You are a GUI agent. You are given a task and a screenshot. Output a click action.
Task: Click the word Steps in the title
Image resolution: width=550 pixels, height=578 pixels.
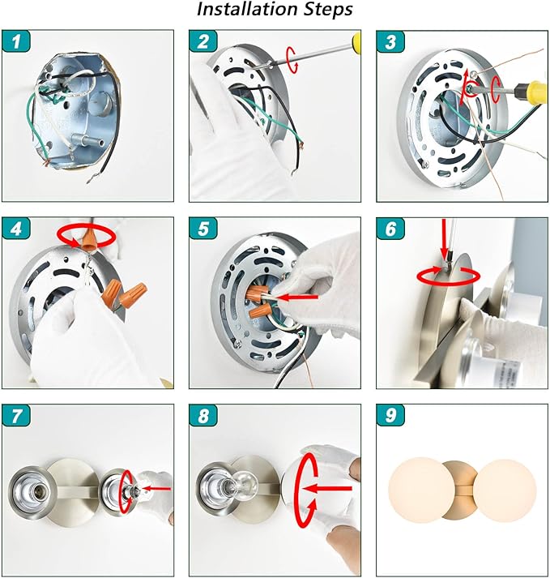click(x=328, y=10)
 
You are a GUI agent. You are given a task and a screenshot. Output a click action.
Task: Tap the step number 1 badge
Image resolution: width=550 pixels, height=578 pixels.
click(x=16, y=41)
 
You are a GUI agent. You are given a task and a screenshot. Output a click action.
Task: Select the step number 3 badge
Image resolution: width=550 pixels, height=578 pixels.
click(x=390, y=41)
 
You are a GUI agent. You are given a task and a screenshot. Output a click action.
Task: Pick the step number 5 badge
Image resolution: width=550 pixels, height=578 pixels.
click(x=203, y=228)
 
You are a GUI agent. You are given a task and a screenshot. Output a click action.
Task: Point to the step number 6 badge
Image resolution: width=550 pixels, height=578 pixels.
click(x=390, y=228)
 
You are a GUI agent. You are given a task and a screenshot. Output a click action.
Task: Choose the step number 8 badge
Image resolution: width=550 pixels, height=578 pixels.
click(x=203, y=415)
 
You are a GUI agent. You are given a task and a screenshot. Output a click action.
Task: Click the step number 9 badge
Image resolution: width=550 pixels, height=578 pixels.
click(x=390, y=415)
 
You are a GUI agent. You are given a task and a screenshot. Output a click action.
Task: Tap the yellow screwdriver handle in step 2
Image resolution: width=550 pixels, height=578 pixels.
click(x=356, y=41)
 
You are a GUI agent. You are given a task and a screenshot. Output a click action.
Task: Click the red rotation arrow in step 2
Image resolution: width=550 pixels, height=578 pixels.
click(x=292, y=60)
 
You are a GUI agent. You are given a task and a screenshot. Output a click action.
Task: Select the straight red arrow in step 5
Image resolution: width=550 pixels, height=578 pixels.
click(x=297, y=297)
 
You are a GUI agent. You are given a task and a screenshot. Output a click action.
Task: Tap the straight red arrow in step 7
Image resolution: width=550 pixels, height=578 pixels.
click(x=157, y=489)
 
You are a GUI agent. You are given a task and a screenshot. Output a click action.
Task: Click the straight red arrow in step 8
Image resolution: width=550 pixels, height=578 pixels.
click(x=326, y=489)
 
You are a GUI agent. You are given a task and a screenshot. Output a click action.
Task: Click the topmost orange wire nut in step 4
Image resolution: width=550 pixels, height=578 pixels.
click(x=90, y=238)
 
